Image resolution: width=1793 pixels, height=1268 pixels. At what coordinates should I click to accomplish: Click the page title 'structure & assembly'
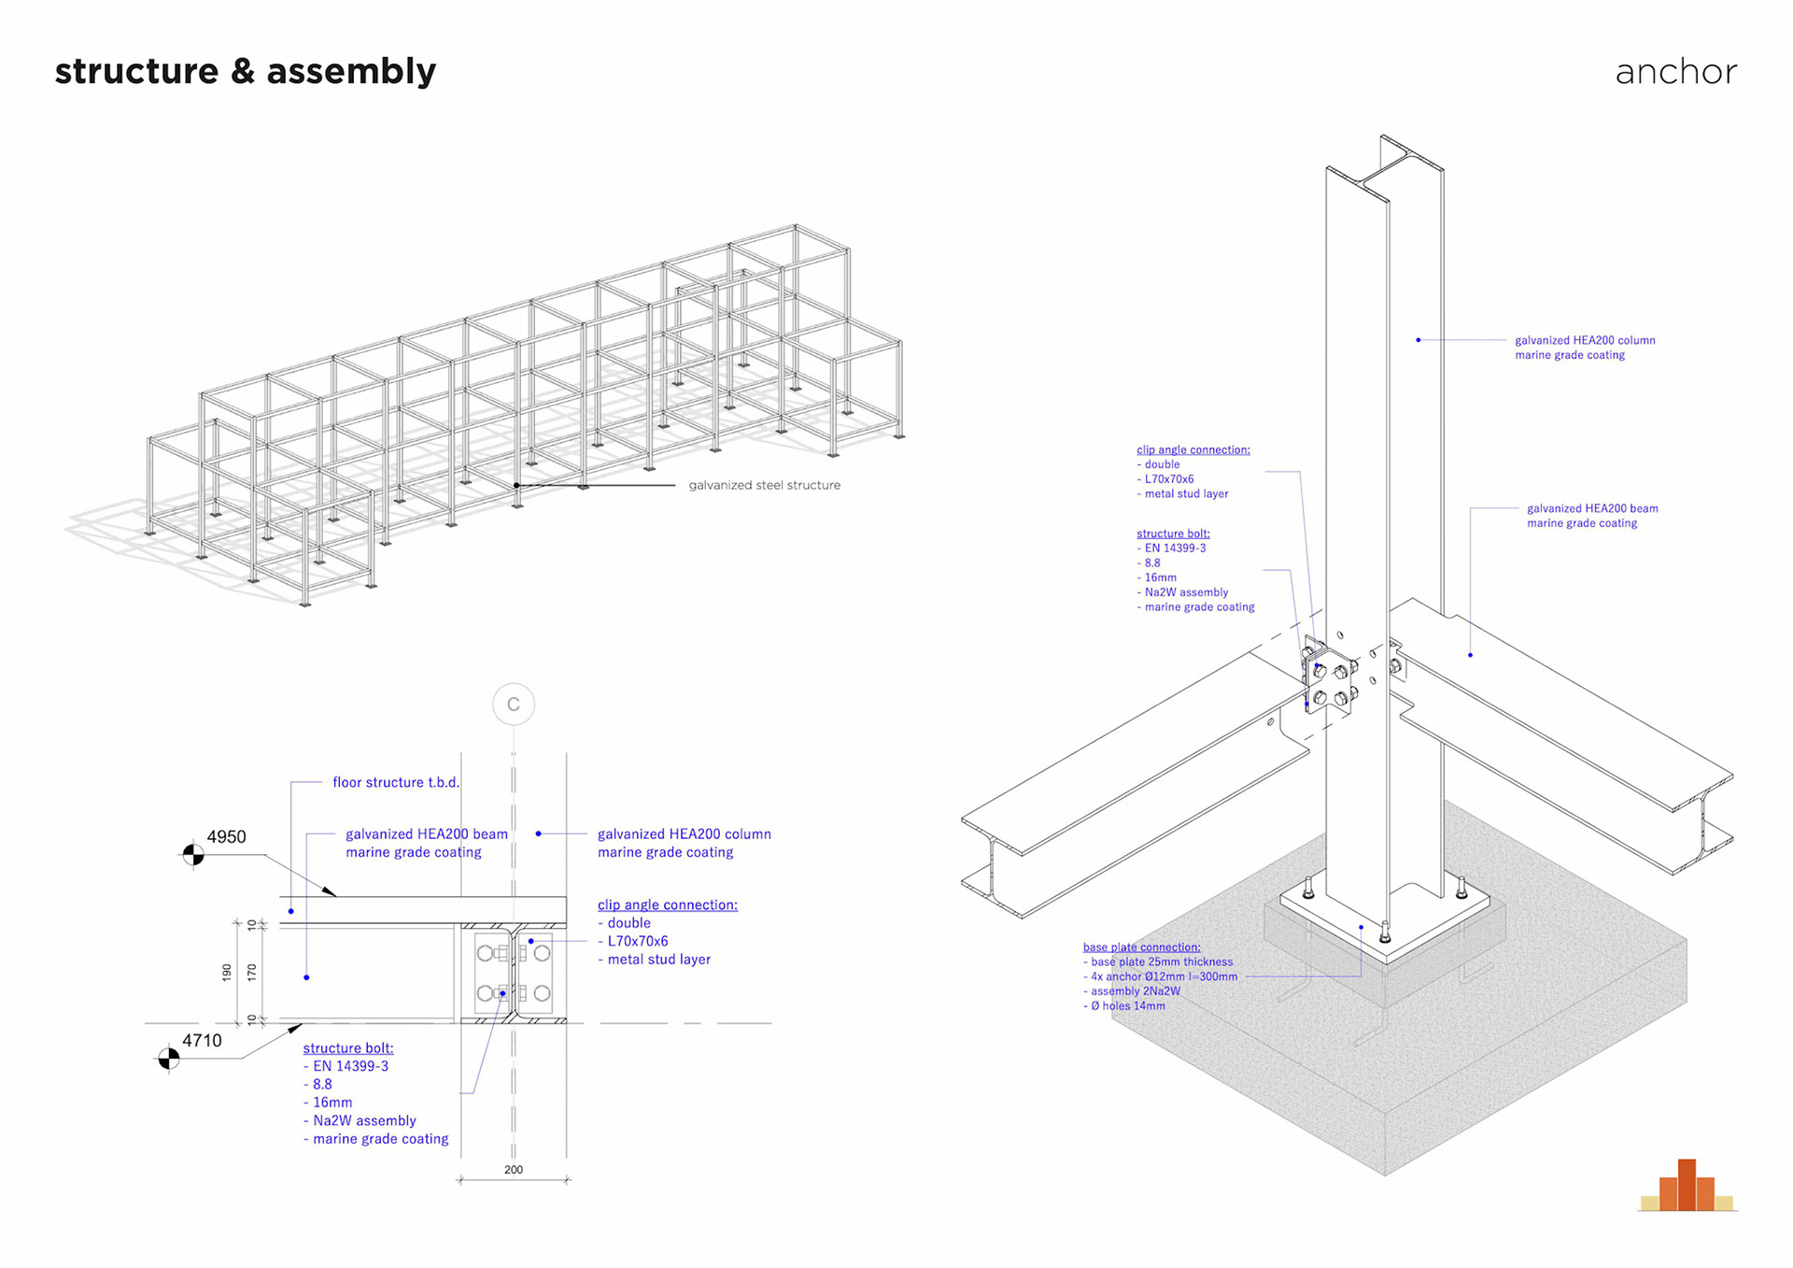245,72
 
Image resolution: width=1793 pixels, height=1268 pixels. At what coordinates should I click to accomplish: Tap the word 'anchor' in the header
1675,72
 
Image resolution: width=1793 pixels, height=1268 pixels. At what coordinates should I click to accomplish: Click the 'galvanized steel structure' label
764,485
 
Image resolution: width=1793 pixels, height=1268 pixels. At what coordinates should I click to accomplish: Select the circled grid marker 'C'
514,705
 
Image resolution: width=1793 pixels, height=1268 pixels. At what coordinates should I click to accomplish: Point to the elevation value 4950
226,837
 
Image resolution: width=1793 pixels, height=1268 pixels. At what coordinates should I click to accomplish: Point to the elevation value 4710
202,1041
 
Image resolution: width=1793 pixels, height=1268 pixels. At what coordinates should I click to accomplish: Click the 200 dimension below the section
514,1170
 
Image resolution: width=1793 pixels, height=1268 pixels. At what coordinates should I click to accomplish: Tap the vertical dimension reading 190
227,973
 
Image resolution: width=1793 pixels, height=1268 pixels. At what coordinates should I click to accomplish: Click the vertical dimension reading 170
252,973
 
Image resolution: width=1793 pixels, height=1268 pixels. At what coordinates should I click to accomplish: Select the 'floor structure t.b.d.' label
396,783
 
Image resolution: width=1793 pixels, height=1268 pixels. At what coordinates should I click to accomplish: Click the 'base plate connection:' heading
1141,947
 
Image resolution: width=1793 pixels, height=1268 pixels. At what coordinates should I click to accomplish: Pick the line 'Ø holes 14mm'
1127,1006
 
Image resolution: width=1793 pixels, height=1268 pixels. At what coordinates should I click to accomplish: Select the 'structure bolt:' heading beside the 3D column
1173,534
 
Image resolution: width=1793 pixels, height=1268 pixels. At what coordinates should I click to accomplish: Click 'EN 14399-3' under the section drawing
350,1066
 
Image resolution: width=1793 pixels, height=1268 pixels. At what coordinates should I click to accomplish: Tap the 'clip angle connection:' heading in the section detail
667,905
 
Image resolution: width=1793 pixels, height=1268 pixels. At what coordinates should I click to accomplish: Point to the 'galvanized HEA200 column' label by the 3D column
1585,341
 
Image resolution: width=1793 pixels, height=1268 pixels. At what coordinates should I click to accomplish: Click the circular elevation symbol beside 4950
193,854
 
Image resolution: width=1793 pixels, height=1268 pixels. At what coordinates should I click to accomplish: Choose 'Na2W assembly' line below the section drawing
364,1121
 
